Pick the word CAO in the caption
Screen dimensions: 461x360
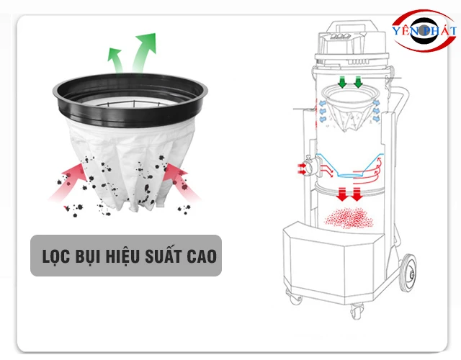[x=202, y=256]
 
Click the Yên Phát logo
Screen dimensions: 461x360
[x=424, y=30]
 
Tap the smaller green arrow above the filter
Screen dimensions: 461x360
[x=116, y=60]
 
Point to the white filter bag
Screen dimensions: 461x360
[x=131, y=165]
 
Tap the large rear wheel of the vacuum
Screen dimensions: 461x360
[x=409, y=273]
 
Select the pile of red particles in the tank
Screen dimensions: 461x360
[x=349, y=217]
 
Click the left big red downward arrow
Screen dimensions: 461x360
[x=342, y=194]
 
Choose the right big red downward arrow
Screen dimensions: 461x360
[x=357, y=194]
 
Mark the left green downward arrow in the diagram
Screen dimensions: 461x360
[x=342, y=82]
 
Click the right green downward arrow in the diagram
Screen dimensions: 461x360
[x=358, y=82]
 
